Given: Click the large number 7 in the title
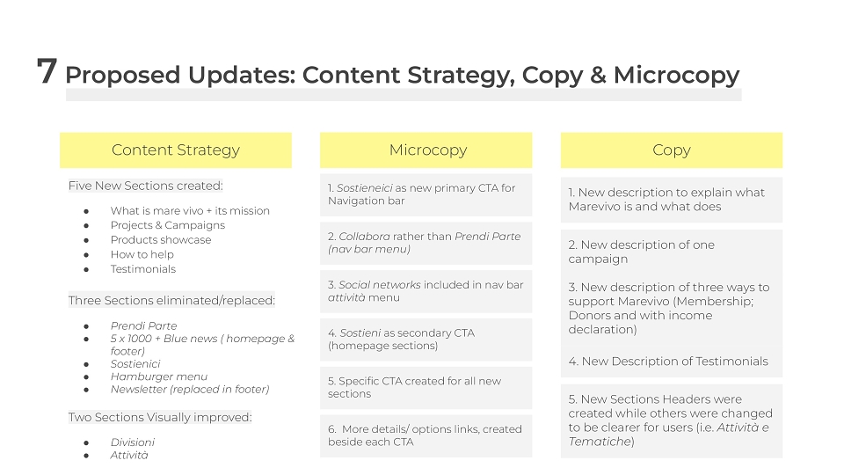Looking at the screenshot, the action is click(x=47, y=70).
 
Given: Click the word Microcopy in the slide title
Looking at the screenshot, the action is click(x=677, y=75).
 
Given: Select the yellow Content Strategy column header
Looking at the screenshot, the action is click(x=176, y=150).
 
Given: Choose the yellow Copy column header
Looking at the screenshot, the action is click(x=671, y=150).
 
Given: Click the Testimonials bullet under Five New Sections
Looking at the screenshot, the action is click(x=143, y=269).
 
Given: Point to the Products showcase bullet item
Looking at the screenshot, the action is click(x=161, y=239).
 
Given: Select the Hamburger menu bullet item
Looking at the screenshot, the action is click(x=159, y=376).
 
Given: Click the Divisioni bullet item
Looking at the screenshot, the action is click(x=133, y=442).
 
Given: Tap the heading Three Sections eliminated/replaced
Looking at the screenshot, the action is click(x=171, y=300).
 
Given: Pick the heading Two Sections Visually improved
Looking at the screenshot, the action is click(x=160, y=417).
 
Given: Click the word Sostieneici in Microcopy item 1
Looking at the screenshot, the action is click(x=364, y=188).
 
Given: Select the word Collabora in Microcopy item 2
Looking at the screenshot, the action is click(x=364, y=236).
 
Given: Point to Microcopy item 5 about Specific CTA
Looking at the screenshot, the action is click(x=414, y=387).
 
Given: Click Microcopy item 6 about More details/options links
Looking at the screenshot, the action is click(x=426, y=435).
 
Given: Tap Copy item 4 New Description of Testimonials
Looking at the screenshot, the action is click(x=668, y=362).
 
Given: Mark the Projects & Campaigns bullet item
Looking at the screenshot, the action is click(x=168, y=225).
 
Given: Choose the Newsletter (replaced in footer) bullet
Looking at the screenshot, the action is click(x=190, y=389).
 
